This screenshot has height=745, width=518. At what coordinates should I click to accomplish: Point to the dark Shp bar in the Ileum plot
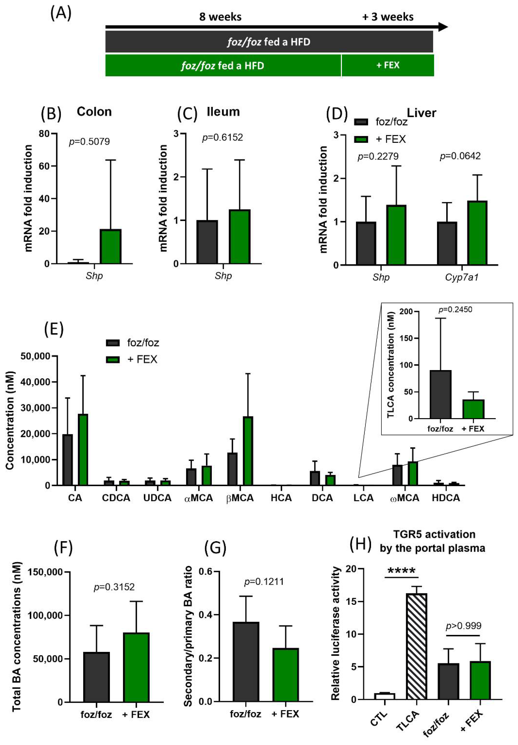[207, 242]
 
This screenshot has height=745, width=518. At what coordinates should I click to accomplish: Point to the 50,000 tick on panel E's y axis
[36, 356]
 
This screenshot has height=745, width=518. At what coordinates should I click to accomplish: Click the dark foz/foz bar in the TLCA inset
[440, 395]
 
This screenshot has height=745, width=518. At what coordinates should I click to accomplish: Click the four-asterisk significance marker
[401, 571]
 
